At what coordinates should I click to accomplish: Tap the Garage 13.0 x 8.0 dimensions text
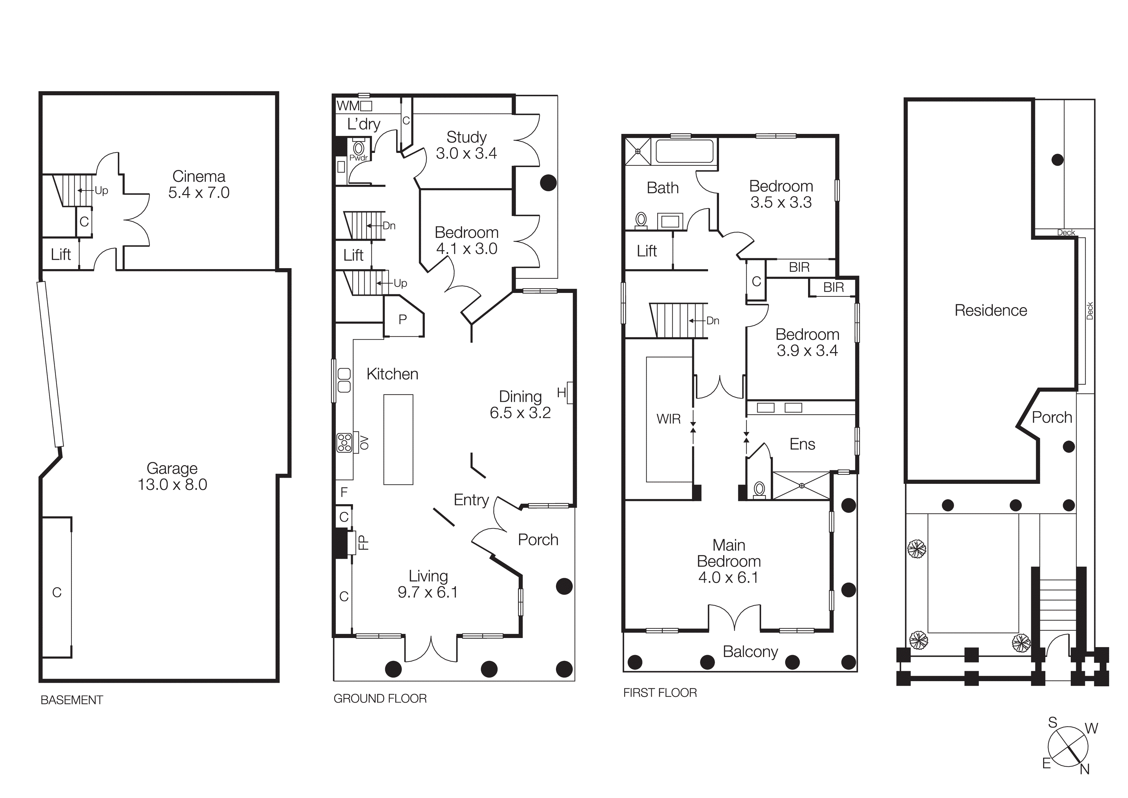point(172,485)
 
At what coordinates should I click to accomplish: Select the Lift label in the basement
point(61,254)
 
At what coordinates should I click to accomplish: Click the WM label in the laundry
point(348,106)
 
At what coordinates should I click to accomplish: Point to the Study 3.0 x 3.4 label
point(466,145)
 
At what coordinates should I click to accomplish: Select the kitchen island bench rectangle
point(398,439)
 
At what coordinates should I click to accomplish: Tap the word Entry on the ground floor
point(471,500)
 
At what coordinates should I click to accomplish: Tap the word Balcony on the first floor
point(750,652)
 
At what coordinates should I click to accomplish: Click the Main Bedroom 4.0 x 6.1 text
point(729,561)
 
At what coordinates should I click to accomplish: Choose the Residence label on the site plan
point(990,310)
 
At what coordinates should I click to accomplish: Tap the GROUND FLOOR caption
point(380,699)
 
